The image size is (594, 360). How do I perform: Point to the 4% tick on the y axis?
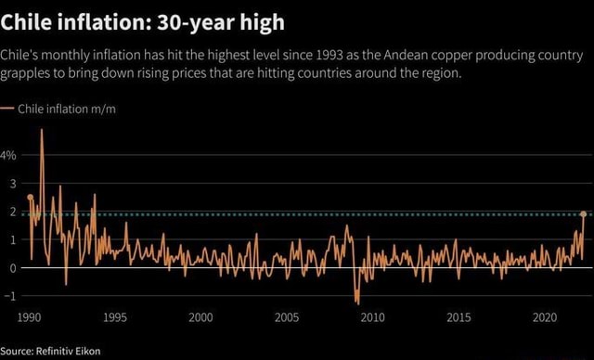click(9, 155)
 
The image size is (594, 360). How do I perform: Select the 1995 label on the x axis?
click(115, 317)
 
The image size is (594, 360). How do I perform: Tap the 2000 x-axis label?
click(200, 317)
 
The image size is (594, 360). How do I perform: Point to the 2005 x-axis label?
click(287, 317)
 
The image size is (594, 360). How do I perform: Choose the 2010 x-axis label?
click(372, 317)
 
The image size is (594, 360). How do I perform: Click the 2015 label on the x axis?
click(458, 317)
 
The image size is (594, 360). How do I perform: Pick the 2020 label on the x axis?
click(544, 317)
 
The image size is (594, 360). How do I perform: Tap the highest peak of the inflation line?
click(41, 130)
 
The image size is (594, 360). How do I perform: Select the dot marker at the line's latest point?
click(584, 213)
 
